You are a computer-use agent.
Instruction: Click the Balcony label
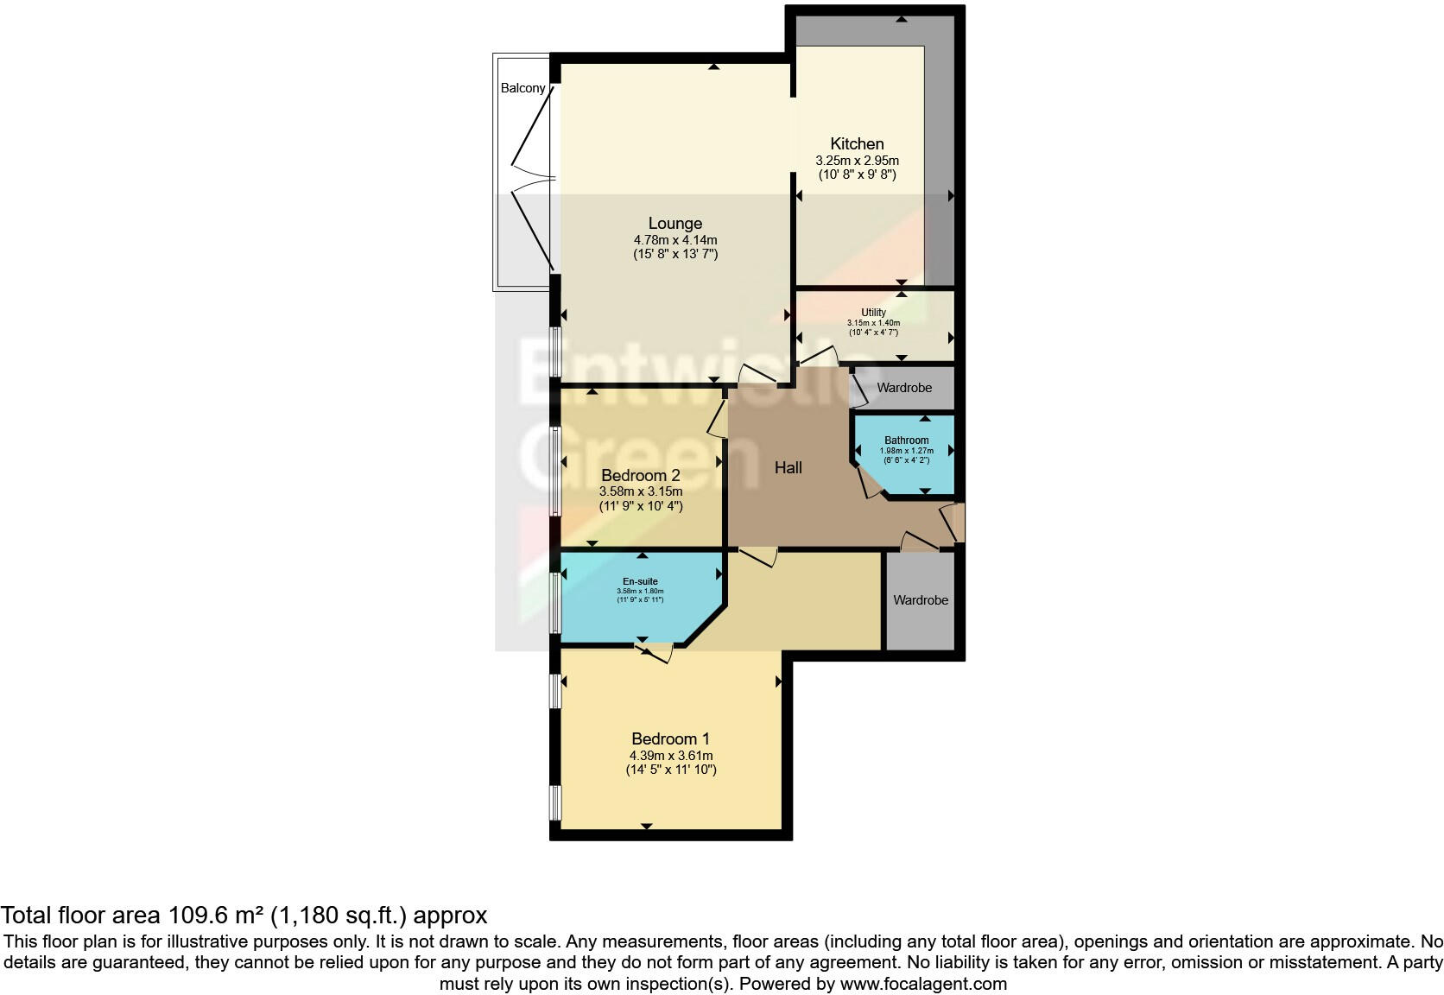pyautogui.click(x=522, y=88)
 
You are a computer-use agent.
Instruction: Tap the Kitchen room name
pyautogui.click(x=857, y=143)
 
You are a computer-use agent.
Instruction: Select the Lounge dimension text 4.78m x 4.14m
pyautogui.click(x=674, y=240)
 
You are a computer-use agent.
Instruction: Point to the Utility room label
pyautogui.click(x=873, y=313)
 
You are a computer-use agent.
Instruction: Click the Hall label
pyautogui.click(x=788, y=467)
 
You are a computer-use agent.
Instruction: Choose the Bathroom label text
pyautogui.click(x=906, y=440)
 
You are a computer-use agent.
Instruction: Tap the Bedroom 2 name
pyautogui.click(x=640, y=475)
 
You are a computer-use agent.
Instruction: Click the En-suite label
pyautogui.click(x=640, y=581)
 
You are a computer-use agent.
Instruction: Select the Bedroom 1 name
pyautogui.click(x=670, y=738)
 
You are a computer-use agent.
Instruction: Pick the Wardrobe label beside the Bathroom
pyautogui.click(x=903, y=388)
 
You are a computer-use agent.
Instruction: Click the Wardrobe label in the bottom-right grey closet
pyautogui.click(x=920, y=599)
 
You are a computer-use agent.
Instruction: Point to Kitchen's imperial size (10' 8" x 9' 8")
pyautogui.click(x=857, y=174)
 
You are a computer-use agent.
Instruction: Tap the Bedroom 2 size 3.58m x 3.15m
pyautogui.click(x=640, y=491)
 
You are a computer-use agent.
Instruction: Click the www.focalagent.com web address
pyautogui.click(x=923, y=983)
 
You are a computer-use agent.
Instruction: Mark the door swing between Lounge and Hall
pyautogui.click(x=757, y=375)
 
